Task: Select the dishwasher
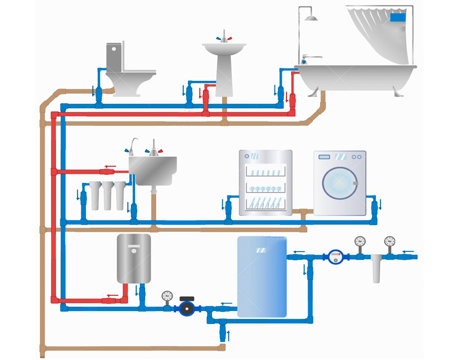265,182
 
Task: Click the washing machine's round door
340,184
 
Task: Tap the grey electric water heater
134,258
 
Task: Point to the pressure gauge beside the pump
166,296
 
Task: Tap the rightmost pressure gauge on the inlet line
390,242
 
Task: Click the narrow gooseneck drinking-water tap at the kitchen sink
132,145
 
